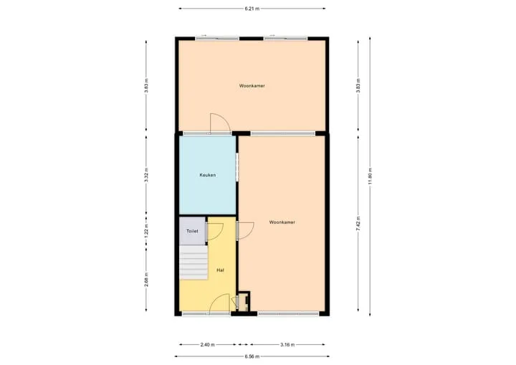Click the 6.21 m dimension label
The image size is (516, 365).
pos(252,9)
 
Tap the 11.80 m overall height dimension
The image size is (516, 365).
pos(370,176)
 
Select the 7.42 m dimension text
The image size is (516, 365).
pos(358,223)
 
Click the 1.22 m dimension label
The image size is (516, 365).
pos(146,231)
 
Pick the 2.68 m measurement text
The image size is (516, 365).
pos(146,280)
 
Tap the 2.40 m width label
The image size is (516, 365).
pos(207,345)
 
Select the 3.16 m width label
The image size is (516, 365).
pos(287,345)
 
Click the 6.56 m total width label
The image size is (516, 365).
pos(252,356)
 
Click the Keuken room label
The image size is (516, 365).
pos(208,175)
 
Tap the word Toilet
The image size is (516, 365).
pos(192,231)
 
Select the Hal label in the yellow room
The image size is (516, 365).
pos(220,270)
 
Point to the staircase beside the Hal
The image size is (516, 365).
pos(193,262)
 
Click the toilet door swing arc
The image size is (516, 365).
pos(219,234)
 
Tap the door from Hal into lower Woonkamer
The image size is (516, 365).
pos(250,233)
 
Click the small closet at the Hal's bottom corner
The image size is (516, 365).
pos(244,302)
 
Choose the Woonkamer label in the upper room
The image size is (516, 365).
pos(252,85)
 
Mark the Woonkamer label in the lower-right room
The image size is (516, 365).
pos(282,222)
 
